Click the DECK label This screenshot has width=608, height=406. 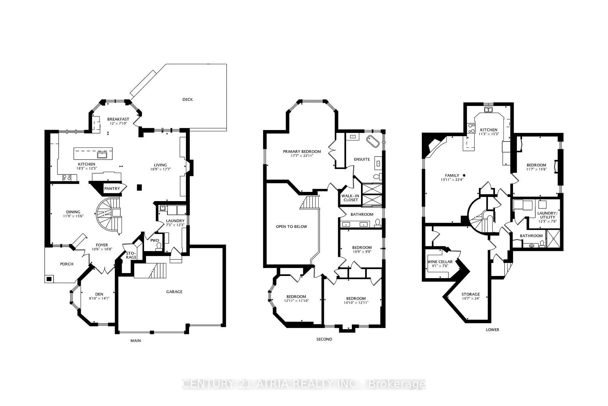[187, 100]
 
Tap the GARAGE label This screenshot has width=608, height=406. [174, 292]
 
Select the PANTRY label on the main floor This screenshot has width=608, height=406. [112, 189]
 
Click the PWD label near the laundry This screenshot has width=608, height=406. [155, 240]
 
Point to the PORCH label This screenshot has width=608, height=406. [67, 264]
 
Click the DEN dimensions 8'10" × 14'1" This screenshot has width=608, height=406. [99, 298]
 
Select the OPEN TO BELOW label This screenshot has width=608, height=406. [291, 226]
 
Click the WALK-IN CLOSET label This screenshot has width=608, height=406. [351, 198]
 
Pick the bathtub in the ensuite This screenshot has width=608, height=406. [373, 141]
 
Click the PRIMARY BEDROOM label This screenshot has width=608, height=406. [302, 152]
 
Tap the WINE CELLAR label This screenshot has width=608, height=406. [440, 262]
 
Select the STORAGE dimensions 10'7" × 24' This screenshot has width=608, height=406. [471, 298]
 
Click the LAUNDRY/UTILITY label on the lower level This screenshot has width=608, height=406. [547, 215]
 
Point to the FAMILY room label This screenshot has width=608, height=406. [452, 175]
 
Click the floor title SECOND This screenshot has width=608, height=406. [324, 339]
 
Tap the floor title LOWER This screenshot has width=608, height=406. [492, 330]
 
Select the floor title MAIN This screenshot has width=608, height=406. [136, 341]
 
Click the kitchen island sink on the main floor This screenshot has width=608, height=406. [102, 155]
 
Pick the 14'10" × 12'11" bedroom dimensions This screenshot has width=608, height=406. [356, 303]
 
